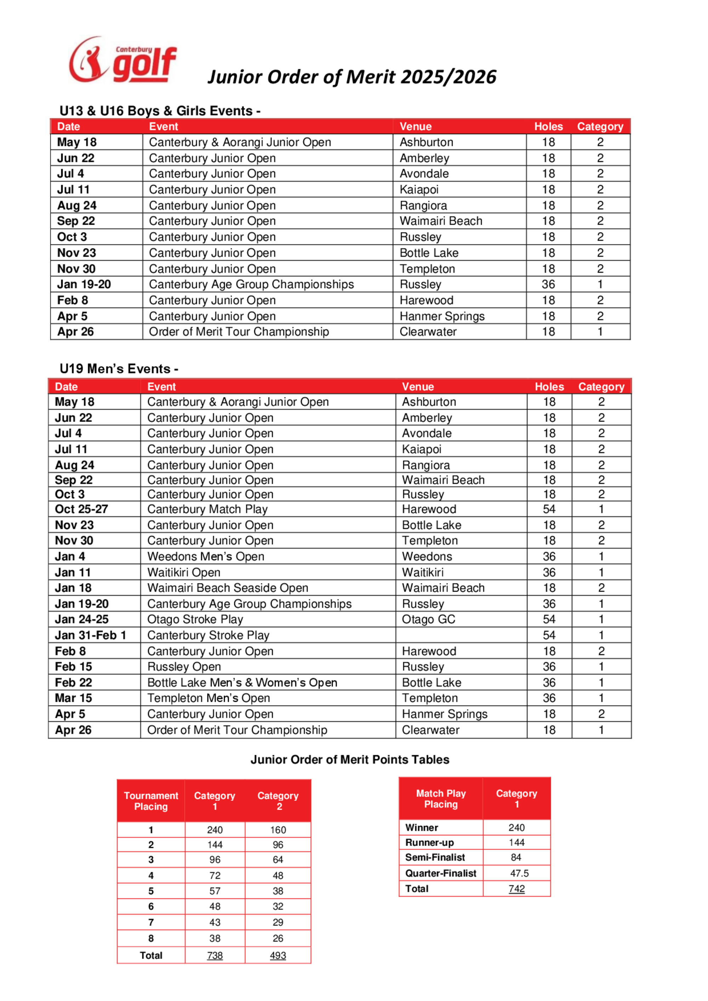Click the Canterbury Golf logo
pos(122,60)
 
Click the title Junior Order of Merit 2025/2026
pos(352,77)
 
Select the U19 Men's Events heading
pos(119,369)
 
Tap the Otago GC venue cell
pos(428,619)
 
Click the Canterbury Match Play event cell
pos(207,509)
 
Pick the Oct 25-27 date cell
pos(81,509)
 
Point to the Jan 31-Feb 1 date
pos(90,635)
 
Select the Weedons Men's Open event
pos(205,556)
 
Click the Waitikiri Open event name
pos(184,572)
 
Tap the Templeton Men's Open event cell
pos(209,698)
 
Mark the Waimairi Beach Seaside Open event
pos(228,588)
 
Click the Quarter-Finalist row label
pos(441,873)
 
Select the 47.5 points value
pos(519,873)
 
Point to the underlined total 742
pos(516,888)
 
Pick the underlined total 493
pos(278,955)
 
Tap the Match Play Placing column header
pos(441,799)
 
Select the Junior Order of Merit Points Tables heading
pos(350,759)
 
